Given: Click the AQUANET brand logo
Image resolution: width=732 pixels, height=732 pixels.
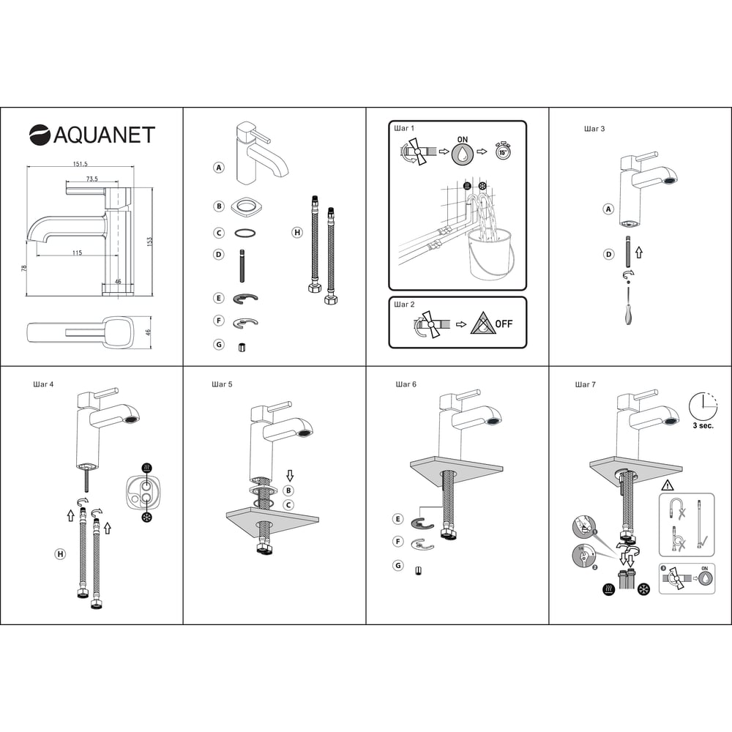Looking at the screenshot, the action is [92, 135].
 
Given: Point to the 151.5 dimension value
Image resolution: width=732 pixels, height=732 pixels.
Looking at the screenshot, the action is [80, 164].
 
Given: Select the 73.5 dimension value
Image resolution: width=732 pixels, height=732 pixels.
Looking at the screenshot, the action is [92, 179].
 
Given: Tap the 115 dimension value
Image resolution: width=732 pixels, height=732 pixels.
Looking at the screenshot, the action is [77, 253].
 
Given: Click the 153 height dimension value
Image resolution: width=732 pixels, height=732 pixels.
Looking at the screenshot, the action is [149, 242].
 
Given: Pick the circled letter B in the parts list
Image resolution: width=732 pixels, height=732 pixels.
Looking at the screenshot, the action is [218, 206].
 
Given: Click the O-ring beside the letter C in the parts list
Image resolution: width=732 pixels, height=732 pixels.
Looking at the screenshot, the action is [245, 233].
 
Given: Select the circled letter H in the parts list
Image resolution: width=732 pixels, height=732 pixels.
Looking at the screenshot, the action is [297, 232].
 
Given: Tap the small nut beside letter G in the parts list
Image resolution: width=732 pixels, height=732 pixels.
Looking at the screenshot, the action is [242, 347].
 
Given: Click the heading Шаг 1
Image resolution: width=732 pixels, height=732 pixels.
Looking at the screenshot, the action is [404, 128].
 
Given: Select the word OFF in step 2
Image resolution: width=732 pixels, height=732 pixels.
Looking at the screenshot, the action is [504, 324].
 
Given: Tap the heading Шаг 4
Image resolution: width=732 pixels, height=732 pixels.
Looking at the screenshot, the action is [43, 384].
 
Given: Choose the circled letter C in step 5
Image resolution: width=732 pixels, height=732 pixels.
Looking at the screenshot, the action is [288, 504].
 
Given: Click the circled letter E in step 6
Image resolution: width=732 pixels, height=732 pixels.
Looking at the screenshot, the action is [397, 519].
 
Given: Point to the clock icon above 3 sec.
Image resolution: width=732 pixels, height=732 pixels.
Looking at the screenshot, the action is [703, 406].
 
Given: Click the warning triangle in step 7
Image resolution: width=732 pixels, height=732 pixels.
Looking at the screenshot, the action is [668, 485].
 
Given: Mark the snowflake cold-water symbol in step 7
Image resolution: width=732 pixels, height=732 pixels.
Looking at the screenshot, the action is [643, 589].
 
